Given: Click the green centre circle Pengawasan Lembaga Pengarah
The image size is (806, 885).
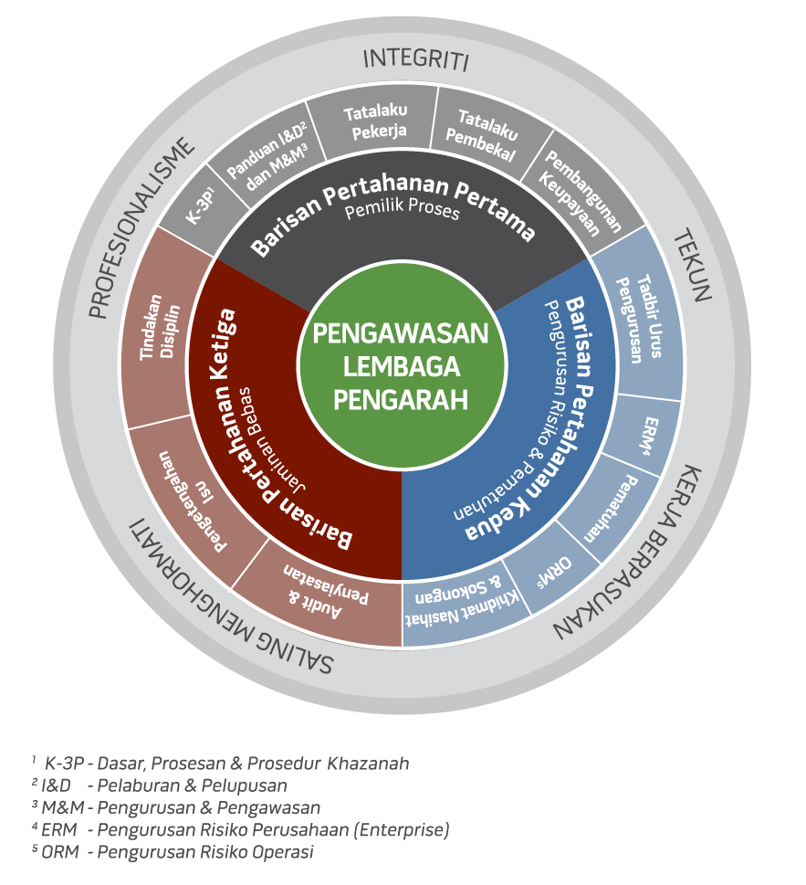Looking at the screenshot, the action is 402,365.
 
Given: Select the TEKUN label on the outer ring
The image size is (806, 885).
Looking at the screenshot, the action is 693,265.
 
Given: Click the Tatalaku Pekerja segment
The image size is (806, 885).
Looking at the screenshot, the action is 376,121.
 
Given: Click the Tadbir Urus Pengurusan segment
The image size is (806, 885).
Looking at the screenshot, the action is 640,319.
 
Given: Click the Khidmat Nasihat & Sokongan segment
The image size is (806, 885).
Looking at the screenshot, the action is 460,603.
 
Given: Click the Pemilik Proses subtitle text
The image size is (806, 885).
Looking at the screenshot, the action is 403,209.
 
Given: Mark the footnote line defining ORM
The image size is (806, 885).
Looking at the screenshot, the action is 173,852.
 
